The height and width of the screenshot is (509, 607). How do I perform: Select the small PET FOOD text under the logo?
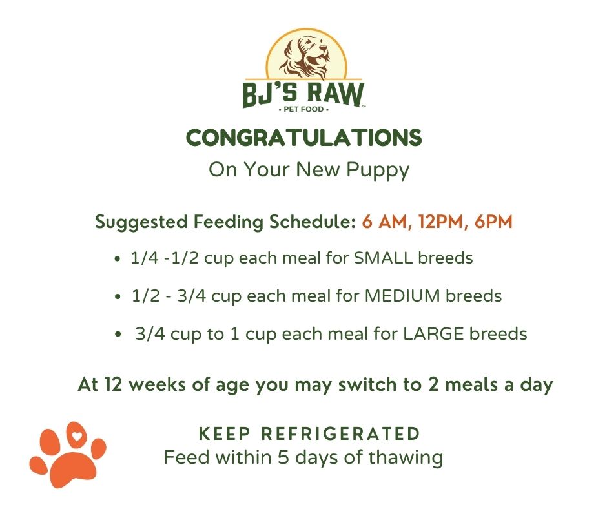pos(303,110)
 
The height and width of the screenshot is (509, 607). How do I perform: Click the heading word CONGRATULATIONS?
pos(303,138)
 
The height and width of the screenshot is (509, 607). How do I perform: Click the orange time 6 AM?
pos(382,222)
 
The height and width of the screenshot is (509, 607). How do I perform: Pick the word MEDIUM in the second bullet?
pos(402,296)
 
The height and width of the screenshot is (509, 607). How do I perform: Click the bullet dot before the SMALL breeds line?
pos(116,259)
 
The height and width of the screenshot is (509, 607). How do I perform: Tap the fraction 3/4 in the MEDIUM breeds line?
pos(191,296)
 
